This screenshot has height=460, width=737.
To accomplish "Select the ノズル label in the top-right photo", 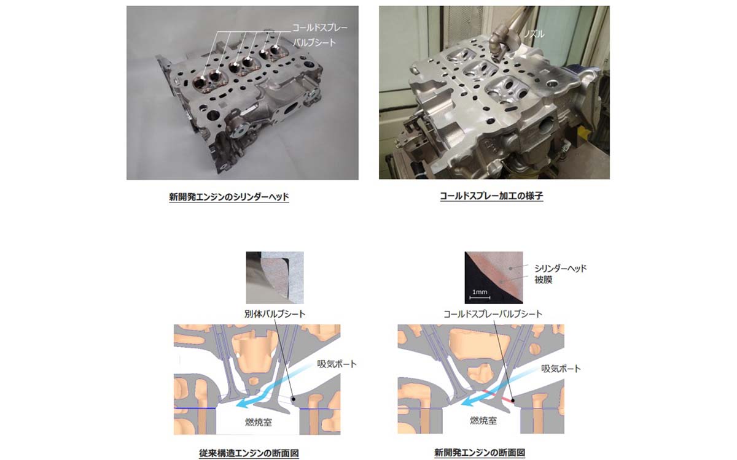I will click(x=534, y=35).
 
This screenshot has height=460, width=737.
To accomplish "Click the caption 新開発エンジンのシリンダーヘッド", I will click(x=228, y=197).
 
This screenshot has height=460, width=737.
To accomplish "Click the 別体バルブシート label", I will click(x=275, y=313).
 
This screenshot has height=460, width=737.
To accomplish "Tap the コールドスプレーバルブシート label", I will click(x=493, y=313).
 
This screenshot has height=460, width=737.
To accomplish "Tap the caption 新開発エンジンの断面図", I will click(x=480, y=453).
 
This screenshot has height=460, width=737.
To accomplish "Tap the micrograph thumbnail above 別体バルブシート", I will click(x=275, y=277).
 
